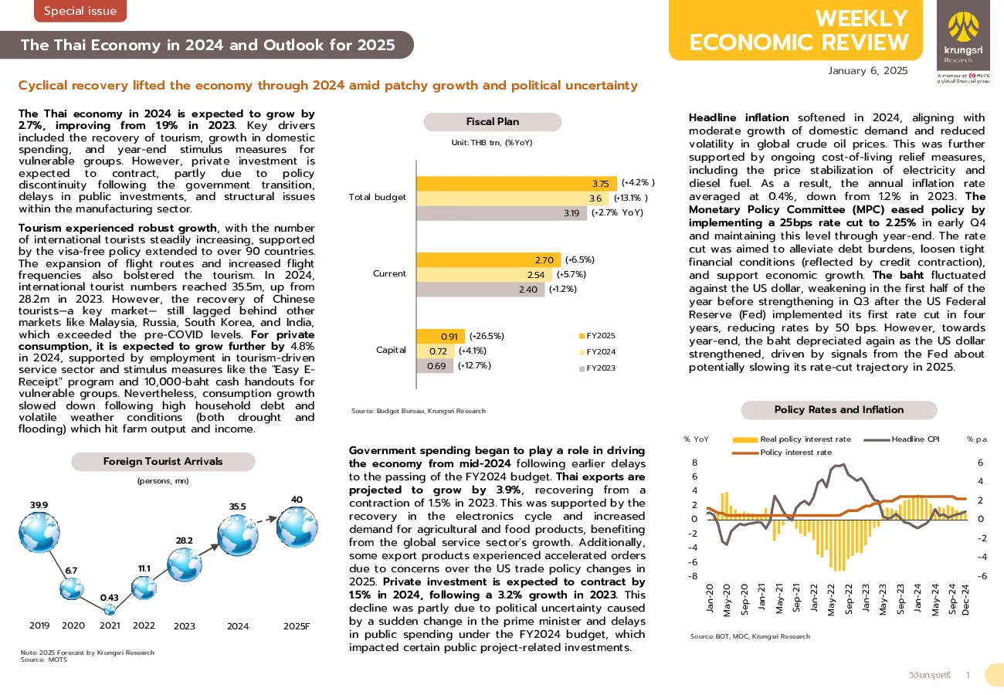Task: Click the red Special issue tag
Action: (x=80, y=10)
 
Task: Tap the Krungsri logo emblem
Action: (x=963, y=28)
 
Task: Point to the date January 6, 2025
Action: (x=868, y=71)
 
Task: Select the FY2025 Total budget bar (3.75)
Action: (x=517, y=183)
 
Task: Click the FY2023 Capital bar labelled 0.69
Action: (x=434, y=366)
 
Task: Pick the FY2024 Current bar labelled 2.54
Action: (x=484, y=274)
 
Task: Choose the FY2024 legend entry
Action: (x=598, y=352)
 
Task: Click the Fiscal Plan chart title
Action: (x=492, y=121)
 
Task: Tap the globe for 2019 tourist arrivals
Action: (x=39, y=532)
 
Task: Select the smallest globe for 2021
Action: (x=110, y=609)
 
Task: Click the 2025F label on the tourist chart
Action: (x=297, y=626)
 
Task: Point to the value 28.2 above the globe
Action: (x=185, y=541)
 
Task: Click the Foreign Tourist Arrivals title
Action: (x=163, y=461)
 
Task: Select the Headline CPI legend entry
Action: (x=901, y=439)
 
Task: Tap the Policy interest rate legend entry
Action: (x=782, y=452)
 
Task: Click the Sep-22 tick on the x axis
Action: (x=849, y=598)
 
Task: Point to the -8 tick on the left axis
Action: (x=693, y=576)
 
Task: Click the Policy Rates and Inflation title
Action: (x=839, y=409)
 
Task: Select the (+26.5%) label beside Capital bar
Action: (x=487, y=336)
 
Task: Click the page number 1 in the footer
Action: (x=968, y=675)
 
